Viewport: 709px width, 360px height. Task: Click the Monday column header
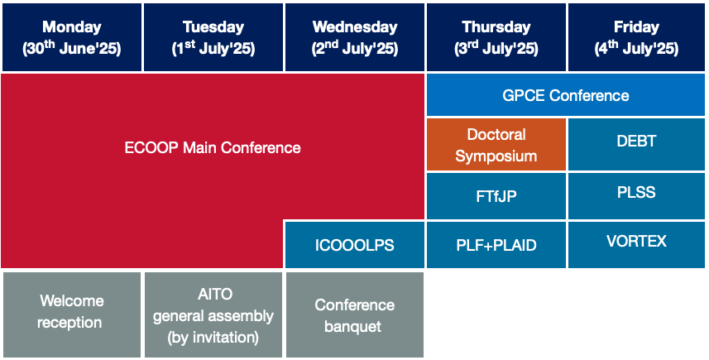[x=72, y=37]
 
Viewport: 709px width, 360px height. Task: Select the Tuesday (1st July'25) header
[x=213, y=37]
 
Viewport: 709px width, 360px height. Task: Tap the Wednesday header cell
[x=355, y=37]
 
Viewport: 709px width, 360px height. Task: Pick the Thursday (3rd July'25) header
[x=496, y=37]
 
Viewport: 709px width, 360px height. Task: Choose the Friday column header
[x=636, y=37]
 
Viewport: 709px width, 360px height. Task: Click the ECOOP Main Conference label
[x=213, y=148]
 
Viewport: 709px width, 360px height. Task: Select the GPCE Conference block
[x=566, y=95]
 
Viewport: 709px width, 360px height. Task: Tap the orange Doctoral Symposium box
[x=496, y=145]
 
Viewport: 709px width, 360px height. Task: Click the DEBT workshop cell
[x=636, y=145]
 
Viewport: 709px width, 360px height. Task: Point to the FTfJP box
[x=496, y=196]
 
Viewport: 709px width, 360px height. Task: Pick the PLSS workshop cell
[x=636, y=196]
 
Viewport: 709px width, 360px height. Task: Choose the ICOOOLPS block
[x=355, y=245]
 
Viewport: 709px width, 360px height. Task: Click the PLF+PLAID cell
[x=496, y=245]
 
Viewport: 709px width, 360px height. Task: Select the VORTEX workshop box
[x=636, y=245]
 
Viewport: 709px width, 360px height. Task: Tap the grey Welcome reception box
[x=72, y=314]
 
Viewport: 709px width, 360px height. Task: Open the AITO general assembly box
[x=213, y=314]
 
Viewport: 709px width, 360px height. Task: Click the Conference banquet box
[x=355, y=314]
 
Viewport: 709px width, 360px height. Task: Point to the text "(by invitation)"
[x=213, y=338]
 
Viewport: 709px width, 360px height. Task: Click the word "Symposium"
[x=496, y=156]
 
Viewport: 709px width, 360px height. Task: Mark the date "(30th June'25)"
[x=72, y=48]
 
